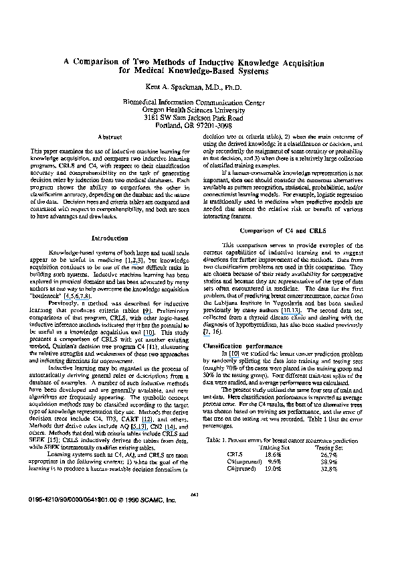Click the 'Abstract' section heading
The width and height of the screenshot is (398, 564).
(x=108, y=137)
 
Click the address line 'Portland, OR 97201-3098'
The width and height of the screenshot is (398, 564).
(x=199, y=125)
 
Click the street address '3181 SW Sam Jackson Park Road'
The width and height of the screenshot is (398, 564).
(x=199, y=117)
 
